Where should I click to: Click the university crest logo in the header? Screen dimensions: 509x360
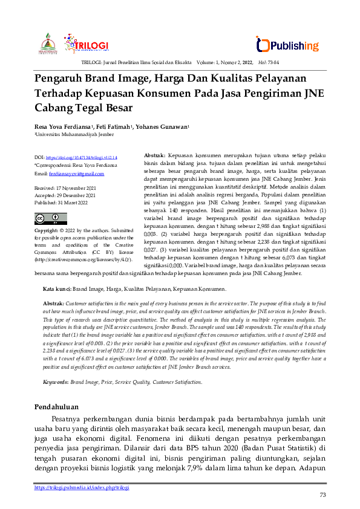49,44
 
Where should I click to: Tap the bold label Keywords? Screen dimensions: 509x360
55,382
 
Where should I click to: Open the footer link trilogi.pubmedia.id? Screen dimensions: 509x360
82,487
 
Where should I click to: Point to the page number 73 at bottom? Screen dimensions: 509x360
322,496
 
